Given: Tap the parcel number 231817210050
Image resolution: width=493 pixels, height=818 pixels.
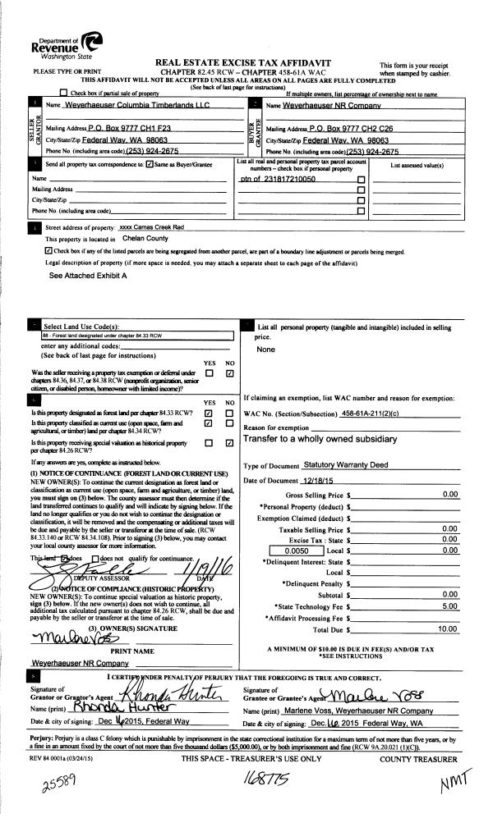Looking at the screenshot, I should point(278,178).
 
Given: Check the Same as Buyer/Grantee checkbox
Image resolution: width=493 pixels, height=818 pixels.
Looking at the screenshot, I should point(150,165).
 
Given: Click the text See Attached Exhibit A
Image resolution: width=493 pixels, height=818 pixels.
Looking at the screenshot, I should point(88,276).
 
